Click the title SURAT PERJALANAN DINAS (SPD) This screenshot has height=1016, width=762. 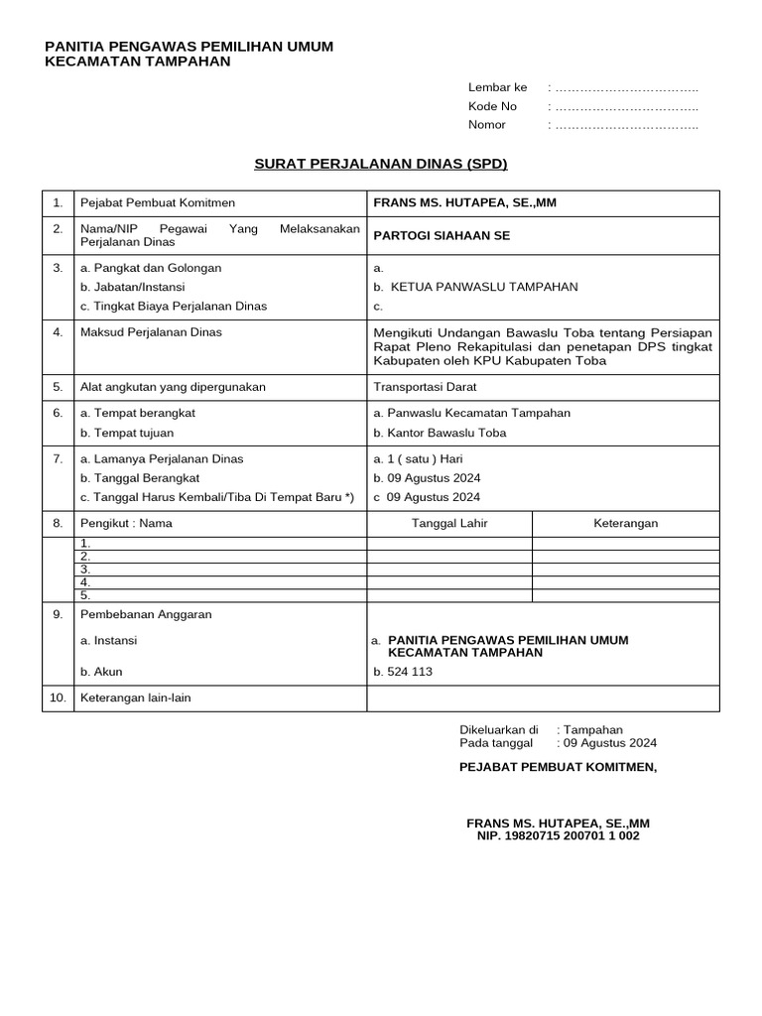coord(382,164)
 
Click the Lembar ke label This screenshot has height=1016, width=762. coord(497,87)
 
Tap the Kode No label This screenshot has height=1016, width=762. coord(492,106)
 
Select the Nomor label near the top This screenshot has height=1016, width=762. coord(486,125)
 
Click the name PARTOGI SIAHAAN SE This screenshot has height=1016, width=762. coord(441,236)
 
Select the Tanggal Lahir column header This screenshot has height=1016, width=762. coord(449,524)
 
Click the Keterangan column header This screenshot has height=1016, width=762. coord(625,524)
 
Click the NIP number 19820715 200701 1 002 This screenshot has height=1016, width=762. coord(558,836)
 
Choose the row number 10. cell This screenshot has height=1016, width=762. coord(58,698)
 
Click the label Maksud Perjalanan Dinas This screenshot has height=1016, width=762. coord(151,332)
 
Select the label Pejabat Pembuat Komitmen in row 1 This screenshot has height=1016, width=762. coord(157,203)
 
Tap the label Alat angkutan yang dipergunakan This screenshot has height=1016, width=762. coord(173,387)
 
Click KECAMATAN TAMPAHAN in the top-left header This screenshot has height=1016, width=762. coord(138,62)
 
